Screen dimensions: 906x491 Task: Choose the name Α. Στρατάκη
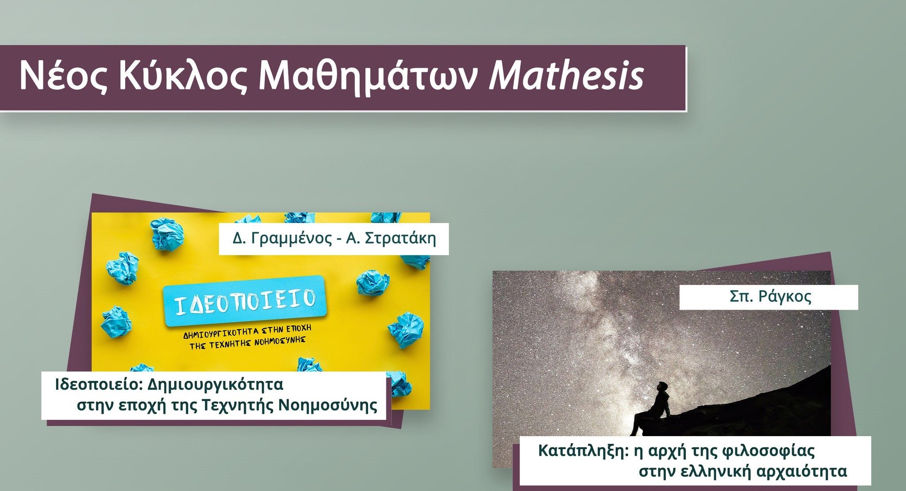391,238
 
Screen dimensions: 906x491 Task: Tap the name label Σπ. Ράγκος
771,297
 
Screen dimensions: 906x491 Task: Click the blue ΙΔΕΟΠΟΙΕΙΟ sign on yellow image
245,301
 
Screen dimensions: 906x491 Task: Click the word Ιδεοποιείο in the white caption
97,384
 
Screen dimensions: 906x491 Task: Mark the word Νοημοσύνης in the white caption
328,406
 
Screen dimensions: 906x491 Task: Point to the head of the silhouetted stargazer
662,386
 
